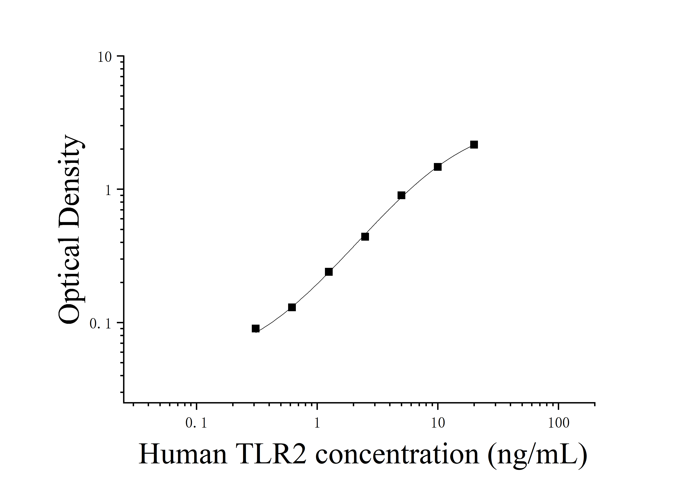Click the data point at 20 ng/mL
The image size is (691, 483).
coord(474,145)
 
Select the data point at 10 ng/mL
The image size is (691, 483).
coord(438,167)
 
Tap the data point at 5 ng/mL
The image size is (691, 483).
coord(401,196)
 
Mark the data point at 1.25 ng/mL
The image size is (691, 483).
coord(329,272)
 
